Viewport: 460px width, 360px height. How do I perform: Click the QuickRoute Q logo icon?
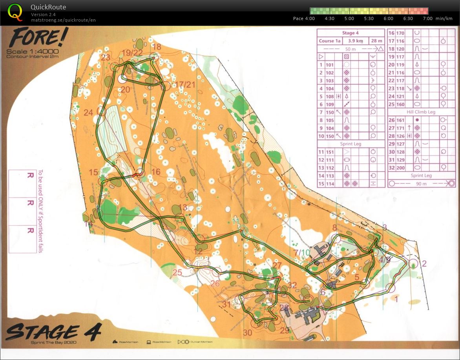tap(15, 11)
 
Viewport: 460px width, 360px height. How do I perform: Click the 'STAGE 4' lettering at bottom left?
tap(53, 332)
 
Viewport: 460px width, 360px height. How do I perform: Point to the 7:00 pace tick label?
tap(427, 18)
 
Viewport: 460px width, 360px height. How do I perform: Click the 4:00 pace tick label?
tap(310, 18)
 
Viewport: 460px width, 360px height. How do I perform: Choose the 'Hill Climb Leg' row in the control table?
tap(421, 112)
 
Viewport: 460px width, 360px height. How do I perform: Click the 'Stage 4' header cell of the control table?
tap(350, 33)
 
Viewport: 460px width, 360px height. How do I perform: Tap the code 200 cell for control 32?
tap(400, 167)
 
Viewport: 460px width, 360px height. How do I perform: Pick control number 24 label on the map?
tap(88, 113)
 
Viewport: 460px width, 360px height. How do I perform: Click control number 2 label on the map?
tap(423, 264)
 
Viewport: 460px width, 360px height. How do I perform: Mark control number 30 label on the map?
tap(247, 333)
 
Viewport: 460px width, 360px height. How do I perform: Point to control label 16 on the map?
tap(156, 172)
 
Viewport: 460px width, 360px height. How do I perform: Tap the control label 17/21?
tap(185, 84)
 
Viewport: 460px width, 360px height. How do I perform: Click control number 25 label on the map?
tap(177, 272)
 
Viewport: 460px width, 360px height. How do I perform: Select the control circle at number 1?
tap(391, 288)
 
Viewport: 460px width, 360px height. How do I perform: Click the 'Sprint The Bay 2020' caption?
tap(53, 342)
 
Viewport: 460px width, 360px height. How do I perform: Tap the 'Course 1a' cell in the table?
tap(329, 41)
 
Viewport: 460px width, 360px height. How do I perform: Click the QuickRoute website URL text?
tap(63, 20)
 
